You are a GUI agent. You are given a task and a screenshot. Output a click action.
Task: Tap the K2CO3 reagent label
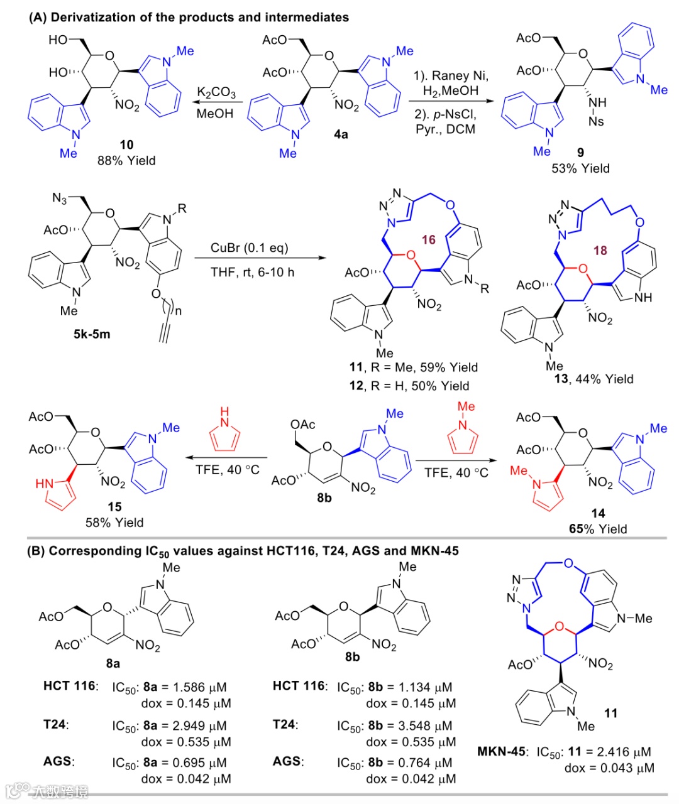[x=216, y=93]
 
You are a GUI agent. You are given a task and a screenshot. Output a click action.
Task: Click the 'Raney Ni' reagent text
[x=450, y=75]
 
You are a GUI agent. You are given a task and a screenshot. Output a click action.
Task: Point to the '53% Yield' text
[x=580, y=168]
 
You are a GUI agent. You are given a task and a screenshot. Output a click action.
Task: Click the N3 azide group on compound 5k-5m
[x=60, y=198]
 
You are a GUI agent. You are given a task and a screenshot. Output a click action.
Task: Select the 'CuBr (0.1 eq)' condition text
[x=250, y=247]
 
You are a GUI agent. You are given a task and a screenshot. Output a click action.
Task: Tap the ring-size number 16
[x=429, y=239]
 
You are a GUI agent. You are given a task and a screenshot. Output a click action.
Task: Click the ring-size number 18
[x=600, y=250]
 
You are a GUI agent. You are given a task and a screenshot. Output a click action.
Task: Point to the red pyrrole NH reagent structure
[x=224, y=430]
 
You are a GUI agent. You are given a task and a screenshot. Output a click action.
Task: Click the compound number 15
[x=114, y=507]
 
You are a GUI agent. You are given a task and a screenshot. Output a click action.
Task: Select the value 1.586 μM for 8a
[x=199, y=687]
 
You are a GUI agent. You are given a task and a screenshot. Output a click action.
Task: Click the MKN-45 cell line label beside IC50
[x=500, y=752]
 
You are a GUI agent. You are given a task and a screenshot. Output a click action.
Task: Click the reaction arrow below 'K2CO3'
[x=215, y=103]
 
